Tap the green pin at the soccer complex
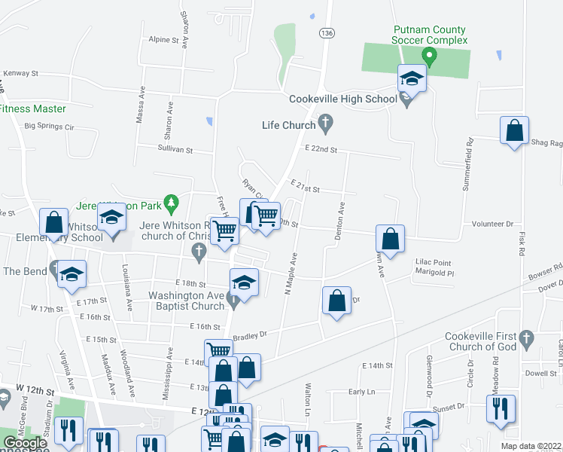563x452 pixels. tap(429, 55)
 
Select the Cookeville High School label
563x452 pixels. tap(343, 99)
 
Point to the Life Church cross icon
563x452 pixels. tap(326, 122)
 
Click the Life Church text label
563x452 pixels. tap(288, 125)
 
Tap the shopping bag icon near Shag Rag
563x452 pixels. tap(514, 131)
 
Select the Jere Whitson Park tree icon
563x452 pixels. tap(172, 202)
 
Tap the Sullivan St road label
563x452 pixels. tap(179, 150)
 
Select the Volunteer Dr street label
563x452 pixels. tap(492, 224)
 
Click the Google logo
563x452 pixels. tap(26, 443)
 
